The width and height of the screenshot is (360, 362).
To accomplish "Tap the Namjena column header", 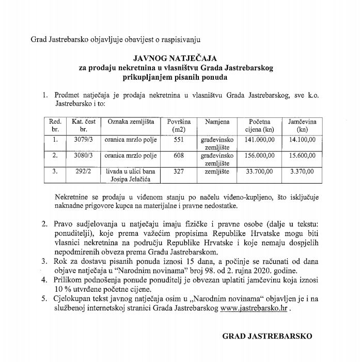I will coord(217,121).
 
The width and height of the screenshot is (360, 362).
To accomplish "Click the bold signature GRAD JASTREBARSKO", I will coord(267,336).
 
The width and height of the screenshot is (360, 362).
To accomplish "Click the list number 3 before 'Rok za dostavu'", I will coord(44,261).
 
